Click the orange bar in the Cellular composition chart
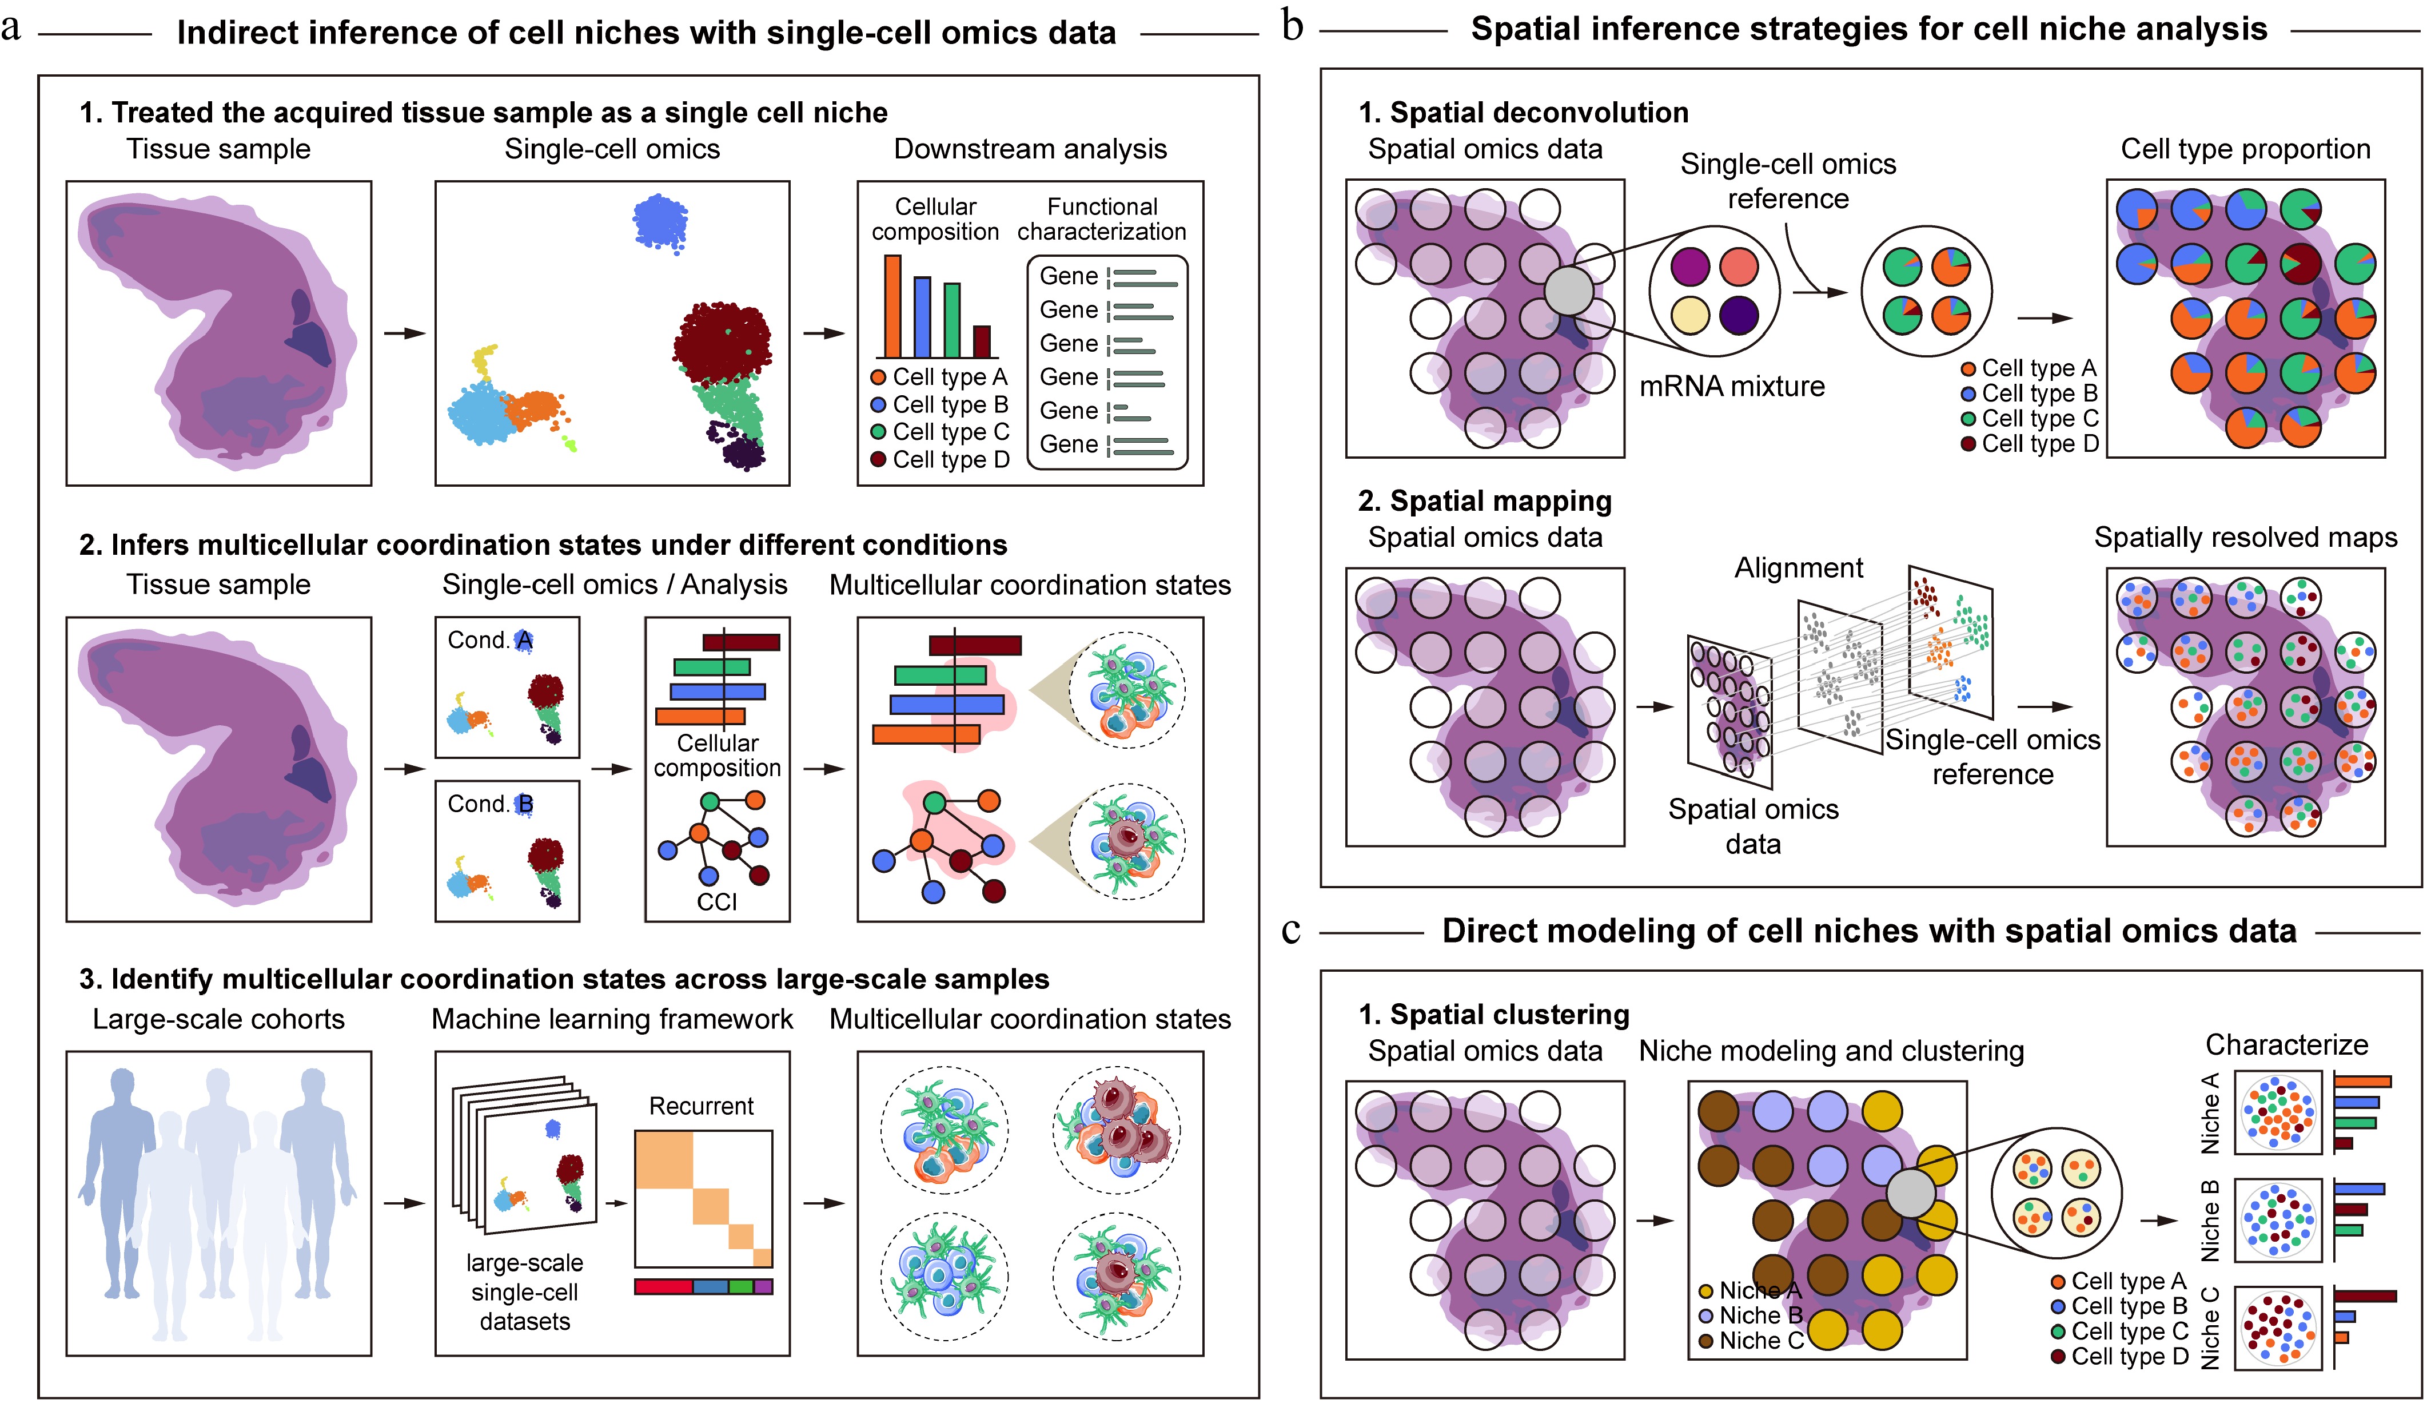892,307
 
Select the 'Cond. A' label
489,641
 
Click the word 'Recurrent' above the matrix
702,1106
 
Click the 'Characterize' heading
2286,1045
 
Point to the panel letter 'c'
1291,931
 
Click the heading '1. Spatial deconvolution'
1523,113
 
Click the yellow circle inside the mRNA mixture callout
1689,315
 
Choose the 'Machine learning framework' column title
612,1020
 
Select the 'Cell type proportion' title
2245,150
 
